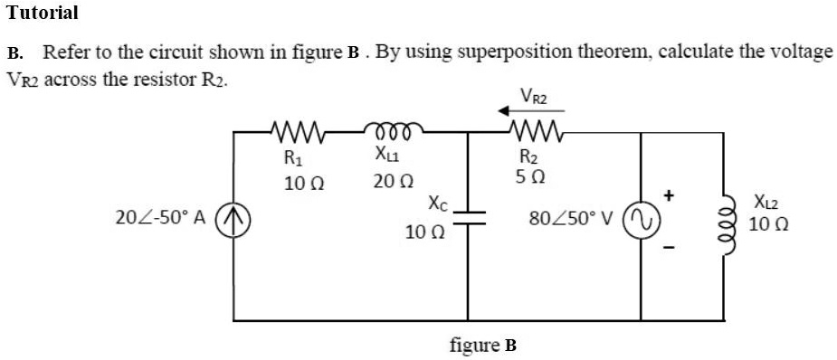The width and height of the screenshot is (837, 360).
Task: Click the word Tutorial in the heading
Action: pos(43,13)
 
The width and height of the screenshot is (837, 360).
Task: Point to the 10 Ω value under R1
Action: pos(299,183)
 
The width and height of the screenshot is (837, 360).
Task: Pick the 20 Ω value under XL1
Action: pos(391,183)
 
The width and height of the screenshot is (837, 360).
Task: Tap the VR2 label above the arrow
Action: pos(533,94)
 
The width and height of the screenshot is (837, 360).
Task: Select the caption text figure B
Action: pos(482,345)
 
